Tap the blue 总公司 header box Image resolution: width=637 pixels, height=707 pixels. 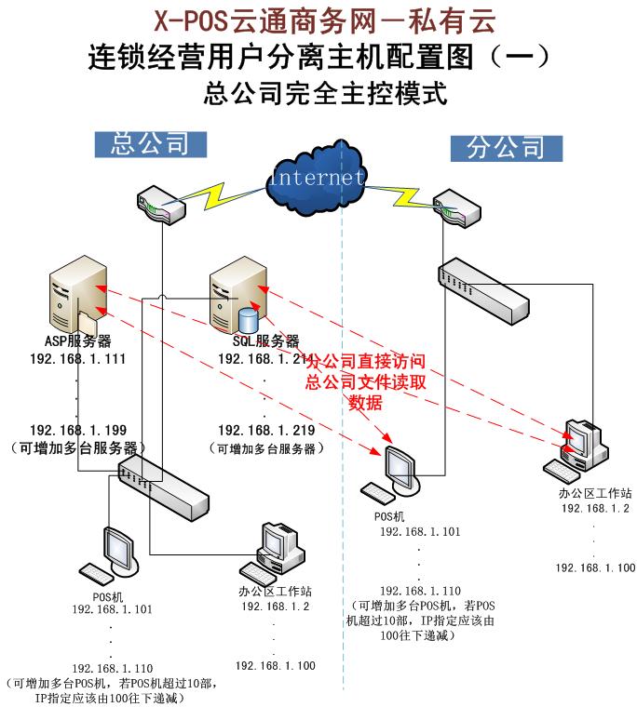(149, 143)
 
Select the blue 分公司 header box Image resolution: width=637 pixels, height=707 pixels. (506, 148)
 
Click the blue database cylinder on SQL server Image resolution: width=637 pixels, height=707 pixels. (248, 319)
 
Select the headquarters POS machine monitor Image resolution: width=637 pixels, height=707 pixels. (121, 548)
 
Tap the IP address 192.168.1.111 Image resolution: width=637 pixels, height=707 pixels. (77, 359)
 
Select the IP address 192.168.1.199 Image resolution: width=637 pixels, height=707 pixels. (77, 431)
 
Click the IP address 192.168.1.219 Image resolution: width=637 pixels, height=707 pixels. (265, 431)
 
